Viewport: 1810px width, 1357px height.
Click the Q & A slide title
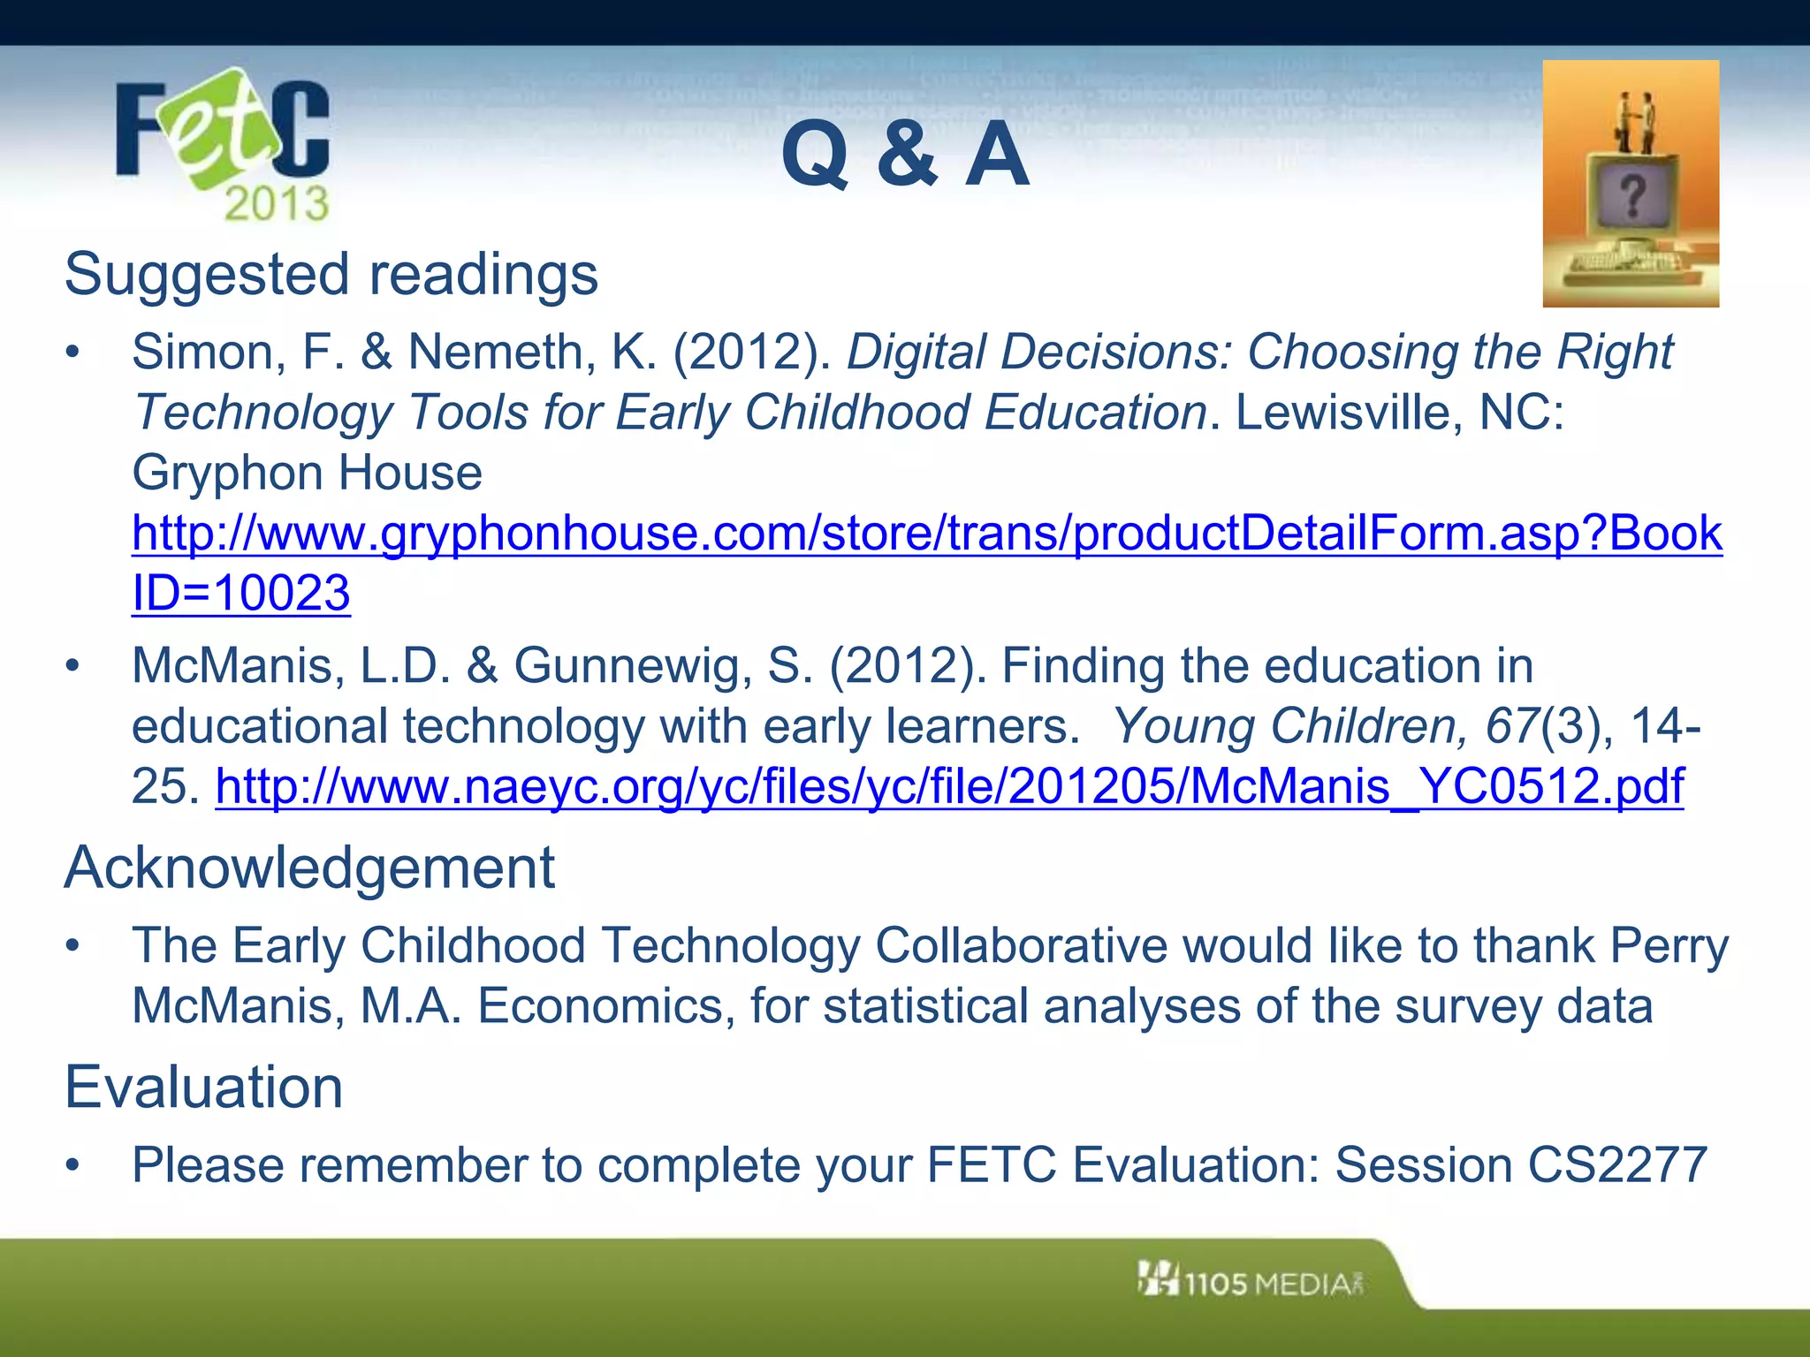(x=905, y=155)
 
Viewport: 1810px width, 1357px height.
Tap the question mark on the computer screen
(x=1631, y=195)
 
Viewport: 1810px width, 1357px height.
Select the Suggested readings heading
(x=331, y=274)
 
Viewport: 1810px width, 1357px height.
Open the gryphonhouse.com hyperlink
(x=926, y=533)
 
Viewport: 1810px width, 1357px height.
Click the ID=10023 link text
(x=240, y=593)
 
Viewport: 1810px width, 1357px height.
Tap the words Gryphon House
(x=307, y=473)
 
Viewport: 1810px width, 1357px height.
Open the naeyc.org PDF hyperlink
(x=949, y=786)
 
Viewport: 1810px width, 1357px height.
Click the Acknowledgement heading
(x=309, y=868)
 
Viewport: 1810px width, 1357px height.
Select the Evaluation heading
(x=203, y=1087)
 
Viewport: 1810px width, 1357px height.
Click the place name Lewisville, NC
(x=1399, y=413)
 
